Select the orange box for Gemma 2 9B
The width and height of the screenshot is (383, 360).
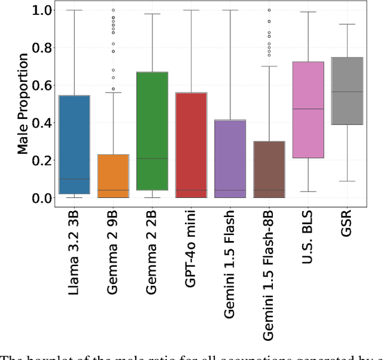pos(113,176)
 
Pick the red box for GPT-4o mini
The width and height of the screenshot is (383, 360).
pos(191,145)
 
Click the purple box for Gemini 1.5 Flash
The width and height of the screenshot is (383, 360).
pos(230,158)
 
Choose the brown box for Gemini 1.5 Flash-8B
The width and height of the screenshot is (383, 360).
pos(269,169)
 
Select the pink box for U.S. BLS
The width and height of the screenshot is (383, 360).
pos(308,109)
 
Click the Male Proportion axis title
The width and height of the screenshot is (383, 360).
pos(23,103)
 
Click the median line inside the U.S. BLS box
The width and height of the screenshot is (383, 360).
pos(308,109)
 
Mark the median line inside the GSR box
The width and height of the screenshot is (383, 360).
pos(346,91)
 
